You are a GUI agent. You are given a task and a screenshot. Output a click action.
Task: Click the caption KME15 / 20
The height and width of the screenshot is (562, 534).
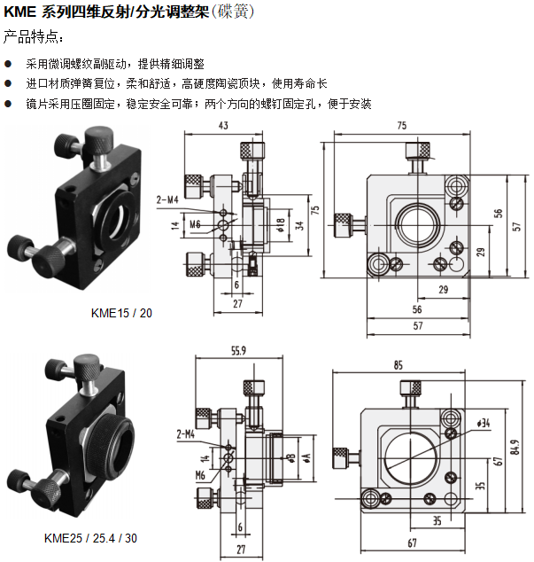pyautogui.click(x=121, y=313)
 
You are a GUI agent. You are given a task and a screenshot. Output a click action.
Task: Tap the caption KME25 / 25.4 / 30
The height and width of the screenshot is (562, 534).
pyautogui.click(x=91, y=538)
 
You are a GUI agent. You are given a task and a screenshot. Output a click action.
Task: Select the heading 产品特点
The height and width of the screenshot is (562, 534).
pyautogui.click(x=34, y=37)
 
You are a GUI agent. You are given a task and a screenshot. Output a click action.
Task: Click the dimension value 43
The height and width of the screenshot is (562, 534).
pyautogui.click(x=223, y=127)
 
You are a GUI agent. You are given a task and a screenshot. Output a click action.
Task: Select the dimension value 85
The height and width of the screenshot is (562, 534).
pyautogui.click(x=399, y=364)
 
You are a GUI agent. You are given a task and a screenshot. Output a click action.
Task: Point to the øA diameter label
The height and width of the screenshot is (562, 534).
pyautogui.click(x=306, y=457)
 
